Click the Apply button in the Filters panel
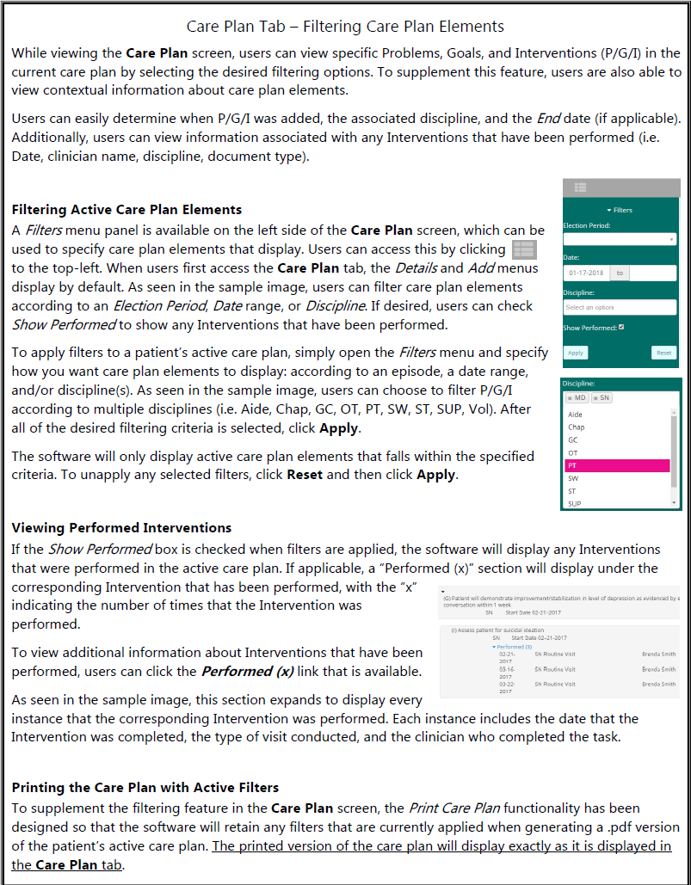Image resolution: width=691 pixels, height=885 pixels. coord(576,353)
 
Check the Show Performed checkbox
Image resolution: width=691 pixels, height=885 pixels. coord(621,327)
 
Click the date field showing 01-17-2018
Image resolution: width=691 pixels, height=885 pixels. coord(585,273)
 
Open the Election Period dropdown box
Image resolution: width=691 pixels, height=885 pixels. coord(620,239)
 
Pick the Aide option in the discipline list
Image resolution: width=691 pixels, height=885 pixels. coord(576,415)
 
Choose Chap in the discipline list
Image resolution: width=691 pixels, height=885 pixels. coord(576,427)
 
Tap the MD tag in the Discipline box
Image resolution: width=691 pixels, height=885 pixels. coord(577,398)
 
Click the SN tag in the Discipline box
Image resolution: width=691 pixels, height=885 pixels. coord(602,398)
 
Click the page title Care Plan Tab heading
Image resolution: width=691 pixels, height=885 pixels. coord(345,28)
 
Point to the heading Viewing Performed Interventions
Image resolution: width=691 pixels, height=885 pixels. coord(121,527)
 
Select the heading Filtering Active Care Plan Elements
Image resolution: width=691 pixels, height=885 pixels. coord(126,209)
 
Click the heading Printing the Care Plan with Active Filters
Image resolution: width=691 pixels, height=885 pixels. coord(145,787)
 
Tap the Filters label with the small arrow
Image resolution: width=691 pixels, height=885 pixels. coord(620,210)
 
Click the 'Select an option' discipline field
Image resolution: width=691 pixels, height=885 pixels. coord(620,307)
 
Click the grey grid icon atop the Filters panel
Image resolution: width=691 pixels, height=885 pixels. coord(580,187)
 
